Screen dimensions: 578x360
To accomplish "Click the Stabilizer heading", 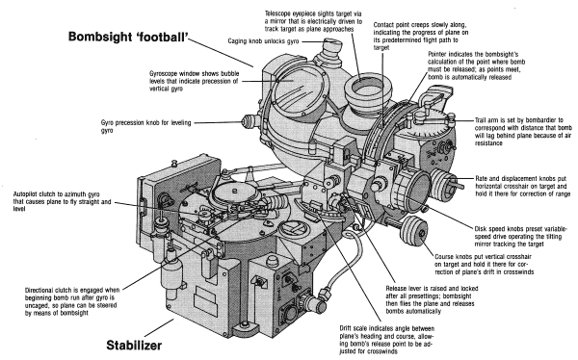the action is (134, 346).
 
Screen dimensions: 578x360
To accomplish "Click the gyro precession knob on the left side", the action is (250, 120).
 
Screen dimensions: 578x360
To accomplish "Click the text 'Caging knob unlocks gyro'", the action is (263, 40).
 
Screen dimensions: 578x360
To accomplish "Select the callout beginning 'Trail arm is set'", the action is (523, 132).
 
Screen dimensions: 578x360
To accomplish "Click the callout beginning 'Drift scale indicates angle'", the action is (386, 340).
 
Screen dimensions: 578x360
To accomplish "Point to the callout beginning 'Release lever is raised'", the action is (432, 299).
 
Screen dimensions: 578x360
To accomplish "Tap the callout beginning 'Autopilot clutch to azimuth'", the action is (62, 201).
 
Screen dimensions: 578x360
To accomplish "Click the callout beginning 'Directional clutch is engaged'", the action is (72, 301).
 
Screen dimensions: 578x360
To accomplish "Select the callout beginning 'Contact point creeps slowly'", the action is (421, 37).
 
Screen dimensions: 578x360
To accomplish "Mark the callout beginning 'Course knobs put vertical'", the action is (484, 264).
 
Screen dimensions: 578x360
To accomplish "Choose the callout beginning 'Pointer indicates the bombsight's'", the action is (476, 65).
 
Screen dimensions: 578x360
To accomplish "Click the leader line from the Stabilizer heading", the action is (159, 328).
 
